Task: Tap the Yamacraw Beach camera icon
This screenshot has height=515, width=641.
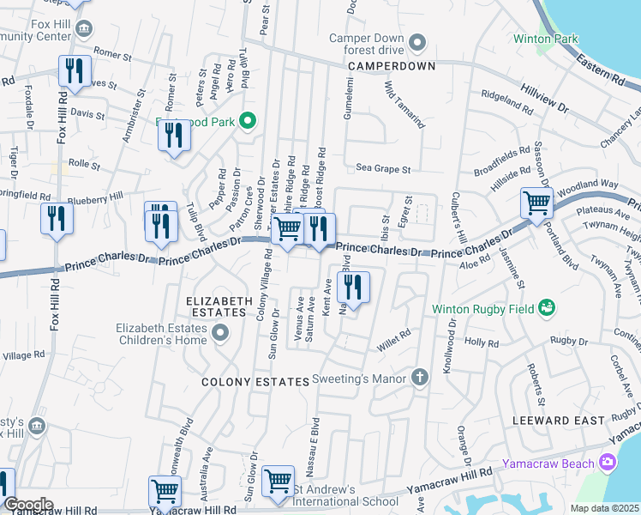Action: click(x=608, y=463)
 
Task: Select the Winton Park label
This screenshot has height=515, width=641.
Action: click(x=545, y=39)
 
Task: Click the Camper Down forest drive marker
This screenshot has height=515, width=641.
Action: click(x=417, y=42)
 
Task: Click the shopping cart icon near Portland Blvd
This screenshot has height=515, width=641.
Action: click(x=536, y=204)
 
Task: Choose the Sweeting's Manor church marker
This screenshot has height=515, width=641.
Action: click(x=420, y=377)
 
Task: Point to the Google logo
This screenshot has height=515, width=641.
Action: click(x=28, y=504)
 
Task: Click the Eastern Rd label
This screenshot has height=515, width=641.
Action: click(x=601, y=66)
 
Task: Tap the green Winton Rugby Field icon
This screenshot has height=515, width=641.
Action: click(x=547, y=307)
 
